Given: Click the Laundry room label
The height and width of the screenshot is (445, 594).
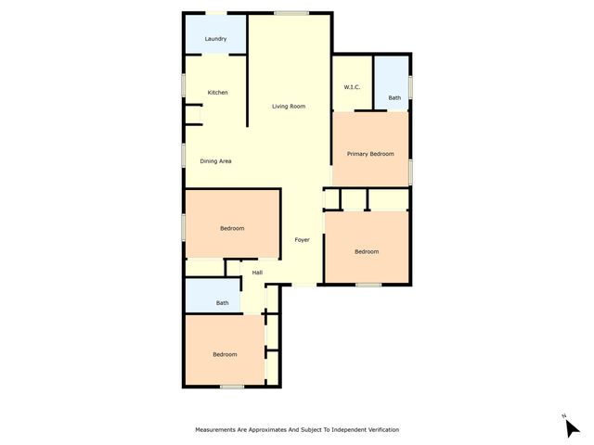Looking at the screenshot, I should click(215, 39).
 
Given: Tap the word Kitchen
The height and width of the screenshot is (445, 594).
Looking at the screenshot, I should click(217, 93).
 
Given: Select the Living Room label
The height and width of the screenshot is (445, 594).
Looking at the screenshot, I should click(289, 107).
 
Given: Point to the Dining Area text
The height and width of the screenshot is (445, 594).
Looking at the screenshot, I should click(215, 161).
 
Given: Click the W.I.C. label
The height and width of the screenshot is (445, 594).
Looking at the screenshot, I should click(352, 87).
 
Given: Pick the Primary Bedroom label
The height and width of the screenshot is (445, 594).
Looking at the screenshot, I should click(370, 154).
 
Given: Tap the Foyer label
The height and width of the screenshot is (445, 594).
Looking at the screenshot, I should click(302, 240).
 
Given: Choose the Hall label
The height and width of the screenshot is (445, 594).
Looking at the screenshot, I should click(257, 272).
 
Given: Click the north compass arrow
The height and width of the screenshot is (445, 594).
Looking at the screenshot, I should click(571, 427).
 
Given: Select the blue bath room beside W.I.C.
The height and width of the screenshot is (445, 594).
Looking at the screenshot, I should click(394, 83).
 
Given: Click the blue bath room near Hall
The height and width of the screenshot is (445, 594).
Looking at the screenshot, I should click(213, 297).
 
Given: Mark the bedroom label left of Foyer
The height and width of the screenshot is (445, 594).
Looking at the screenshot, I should click(232, 228).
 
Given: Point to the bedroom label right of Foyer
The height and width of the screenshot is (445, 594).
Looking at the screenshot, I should click(367, 251).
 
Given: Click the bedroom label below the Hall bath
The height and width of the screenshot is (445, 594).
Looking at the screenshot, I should click(225, 354).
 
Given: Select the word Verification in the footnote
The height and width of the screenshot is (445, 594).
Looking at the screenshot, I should click(380, 430).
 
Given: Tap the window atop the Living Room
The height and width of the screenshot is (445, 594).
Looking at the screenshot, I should click(291, 12).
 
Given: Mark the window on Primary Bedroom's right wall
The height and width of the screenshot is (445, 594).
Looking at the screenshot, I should click(409, 172).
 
